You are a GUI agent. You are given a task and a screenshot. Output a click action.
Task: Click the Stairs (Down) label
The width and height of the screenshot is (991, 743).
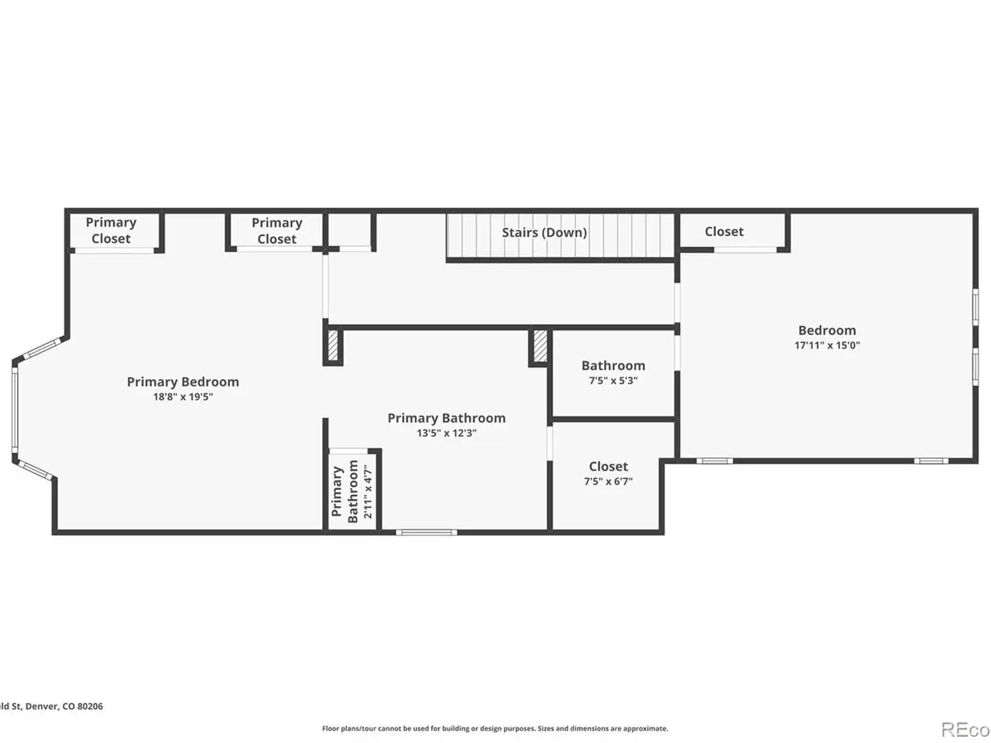[x=544, y=232]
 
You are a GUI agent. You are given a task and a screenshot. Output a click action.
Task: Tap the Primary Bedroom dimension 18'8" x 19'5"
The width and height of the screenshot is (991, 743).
[x=183, y=396]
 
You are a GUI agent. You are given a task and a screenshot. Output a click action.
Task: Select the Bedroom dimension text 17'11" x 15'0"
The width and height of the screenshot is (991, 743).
[x=827, y=345]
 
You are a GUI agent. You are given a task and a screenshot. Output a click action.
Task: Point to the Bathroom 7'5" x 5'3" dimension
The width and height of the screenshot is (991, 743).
[x=613, y=380]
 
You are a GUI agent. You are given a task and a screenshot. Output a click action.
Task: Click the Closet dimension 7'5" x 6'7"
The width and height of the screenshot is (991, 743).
[x=608, y=481]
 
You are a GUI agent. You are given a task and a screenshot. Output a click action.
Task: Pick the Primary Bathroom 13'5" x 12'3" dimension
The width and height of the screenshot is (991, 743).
[x=447, y=433]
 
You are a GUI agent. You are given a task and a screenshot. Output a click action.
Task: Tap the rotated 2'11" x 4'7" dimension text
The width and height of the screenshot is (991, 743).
[x=368, y=491]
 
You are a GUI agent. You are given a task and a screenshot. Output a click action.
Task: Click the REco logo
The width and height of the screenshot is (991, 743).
[x=965, y=730]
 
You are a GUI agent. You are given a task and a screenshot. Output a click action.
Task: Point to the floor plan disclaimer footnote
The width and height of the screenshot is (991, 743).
[x=495, y=728]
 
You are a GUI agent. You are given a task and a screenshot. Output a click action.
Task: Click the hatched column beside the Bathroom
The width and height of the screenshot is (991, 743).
[x=540, y=346]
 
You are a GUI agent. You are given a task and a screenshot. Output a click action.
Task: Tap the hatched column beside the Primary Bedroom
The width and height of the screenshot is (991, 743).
[x=333, y=345]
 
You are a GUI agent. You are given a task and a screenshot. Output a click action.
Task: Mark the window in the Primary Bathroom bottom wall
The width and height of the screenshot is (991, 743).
[x=426, y=532]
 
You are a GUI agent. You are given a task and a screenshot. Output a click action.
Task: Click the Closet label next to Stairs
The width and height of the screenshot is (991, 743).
[x=724, y=231]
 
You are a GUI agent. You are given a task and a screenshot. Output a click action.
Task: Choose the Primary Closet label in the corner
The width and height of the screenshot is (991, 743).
[x=111, y=231]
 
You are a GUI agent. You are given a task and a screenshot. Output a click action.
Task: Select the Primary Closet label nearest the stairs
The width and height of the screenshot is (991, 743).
[x=276, y=231]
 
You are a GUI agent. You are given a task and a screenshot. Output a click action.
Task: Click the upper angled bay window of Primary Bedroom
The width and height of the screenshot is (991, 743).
[x=42, y=348]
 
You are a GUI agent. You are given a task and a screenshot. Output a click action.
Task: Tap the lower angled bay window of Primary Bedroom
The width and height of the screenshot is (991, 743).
[x=35, y=470]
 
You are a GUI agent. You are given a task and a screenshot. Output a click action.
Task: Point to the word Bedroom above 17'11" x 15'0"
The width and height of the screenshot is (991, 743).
[x=827, y=330]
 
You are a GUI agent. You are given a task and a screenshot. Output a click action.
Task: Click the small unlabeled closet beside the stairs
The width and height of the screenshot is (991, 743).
[x=349, y=230]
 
